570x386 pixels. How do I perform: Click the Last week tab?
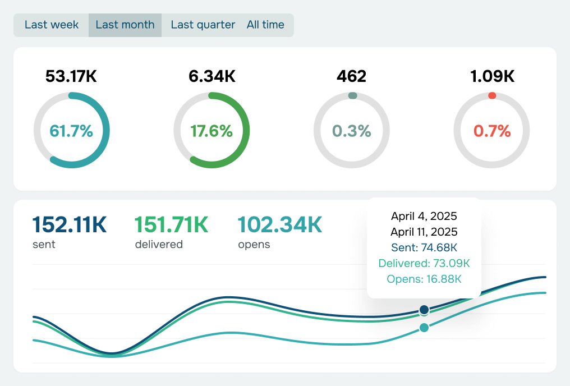[x=52, y=25]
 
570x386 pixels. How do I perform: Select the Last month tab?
[x=125, y=25]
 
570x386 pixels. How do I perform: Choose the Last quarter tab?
[x=203, y=25]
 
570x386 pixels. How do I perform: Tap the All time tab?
[x=265, y=25]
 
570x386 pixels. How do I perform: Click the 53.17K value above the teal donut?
[x=71, y=76]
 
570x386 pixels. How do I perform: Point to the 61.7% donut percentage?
[x=71, y=131]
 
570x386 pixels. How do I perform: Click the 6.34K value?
[x=212, y=76]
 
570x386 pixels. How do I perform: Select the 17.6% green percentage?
[x=212, y=131]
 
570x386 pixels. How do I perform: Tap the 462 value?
[x=352, y=76]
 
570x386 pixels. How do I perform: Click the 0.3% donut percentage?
[x=352, y=131]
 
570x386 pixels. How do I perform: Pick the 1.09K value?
[x=491, y=76]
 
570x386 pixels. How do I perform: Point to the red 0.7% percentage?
[x=491, y=131]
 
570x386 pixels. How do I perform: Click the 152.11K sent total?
[x=70, y=225]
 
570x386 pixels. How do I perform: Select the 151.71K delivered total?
[x=172, y=225]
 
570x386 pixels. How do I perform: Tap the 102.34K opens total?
[x=280, y=225]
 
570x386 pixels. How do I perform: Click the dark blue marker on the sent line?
[x=424, y=310]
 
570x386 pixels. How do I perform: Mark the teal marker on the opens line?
[x=424, y=328]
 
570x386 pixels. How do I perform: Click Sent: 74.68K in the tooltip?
[x=424, y=247]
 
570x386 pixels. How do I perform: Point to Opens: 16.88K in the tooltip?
[x=424, y=279]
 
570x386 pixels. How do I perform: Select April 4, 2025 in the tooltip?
[x=424, y=216]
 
